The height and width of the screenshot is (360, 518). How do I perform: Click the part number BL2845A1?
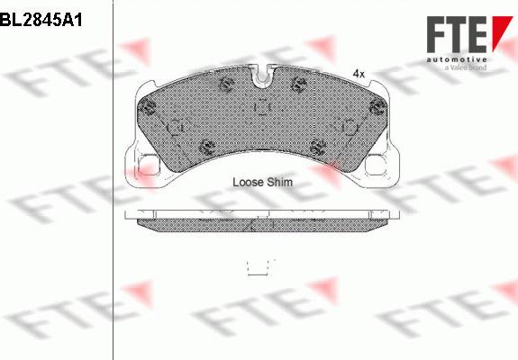coord(41,19)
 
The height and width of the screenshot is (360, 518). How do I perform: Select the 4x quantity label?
coord(358,73)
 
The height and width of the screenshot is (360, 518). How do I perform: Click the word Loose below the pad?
coord(248,182)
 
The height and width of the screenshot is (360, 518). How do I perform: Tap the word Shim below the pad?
coord(280,182)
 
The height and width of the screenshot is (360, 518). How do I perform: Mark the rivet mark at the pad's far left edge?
coord(148,111)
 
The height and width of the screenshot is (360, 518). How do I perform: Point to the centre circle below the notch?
coord(262,108)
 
